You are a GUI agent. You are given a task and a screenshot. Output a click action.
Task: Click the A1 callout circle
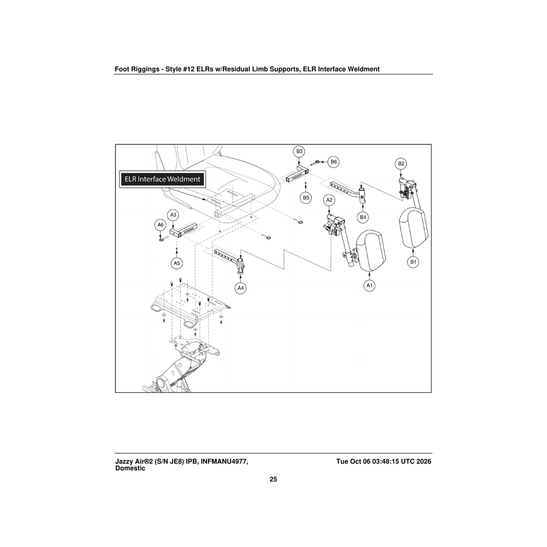click(x=369, y=285)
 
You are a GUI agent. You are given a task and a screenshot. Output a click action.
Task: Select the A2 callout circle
click(x=329, y=200)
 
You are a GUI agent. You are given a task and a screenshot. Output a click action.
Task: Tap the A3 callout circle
click(x=173, y=215)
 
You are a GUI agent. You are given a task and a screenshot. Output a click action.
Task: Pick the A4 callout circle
click(x=240, y=288)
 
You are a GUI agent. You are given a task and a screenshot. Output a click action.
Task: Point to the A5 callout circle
click(x=177, y=263)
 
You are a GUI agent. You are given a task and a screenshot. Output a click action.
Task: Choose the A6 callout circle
click(x=160, y=225)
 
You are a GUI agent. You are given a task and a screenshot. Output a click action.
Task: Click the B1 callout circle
click(x=413, y=262)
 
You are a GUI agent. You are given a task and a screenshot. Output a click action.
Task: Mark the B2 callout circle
click(x=401, y=164)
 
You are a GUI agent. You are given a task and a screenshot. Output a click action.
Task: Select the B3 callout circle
click(x=299, y=152)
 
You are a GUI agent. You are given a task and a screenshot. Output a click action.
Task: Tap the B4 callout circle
click(x=363, y=217)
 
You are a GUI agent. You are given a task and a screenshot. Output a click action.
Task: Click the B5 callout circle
click(x=306, y=197)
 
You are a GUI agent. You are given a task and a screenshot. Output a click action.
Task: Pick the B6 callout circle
click(x=334, y=162)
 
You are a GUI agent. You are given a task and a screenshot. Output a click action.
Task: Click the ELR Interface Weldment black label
click(x=162, y=179)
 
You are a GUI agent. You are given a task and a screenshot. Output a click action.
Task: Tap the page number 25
click(x=273, y=479)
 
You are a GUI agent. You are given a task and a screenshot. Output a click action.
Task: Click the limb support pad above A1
click(x=371, y=251)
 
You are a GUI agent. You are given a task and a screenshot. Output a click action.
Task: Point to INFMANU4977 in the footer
click(x=224, y=462)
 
